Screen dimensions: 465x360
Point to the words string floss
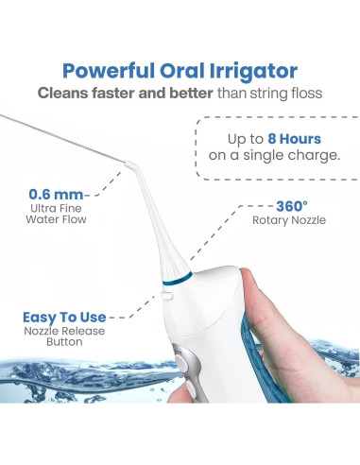click(288, 95)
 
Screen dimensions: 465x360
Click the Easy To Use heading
click(65, 318)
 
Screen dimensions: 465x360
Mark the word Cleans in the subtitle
click(65, 95)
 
